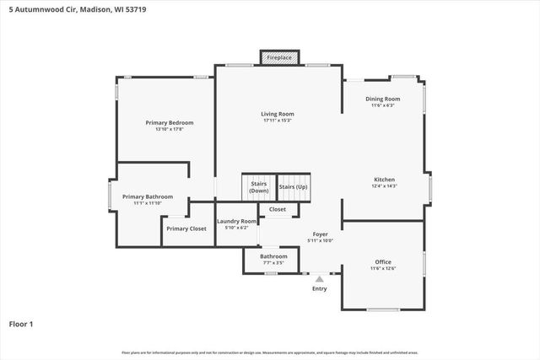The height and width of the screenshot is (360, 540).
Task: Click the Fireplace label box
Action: tap(279, 57)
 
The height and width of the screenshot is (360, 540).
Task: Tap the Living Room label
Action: tap(277, 114)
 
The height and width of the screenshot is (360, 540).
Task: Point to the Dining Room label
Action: tap(382, 99)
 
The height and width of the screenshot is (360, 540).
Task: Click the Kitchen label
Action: tap(385, 179)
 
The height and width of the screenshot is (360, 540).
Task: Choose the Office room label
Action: tap(382, 261)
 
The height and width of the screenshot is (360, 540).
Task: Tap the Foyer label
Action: tap(320, 234)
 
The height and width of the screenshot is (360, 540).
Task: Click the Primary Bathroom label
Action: tap(141, 196)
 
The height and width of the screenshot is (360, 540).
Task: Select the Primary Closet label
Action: tap(186, 228)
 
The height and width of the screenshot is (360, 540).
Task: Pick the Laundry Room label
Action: tap(236, 221)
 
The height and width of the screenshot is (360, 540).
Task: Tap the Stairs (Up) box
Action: tap(293, 186)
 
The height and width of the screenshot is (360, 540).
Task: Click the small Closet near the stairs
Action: tap(278, 209)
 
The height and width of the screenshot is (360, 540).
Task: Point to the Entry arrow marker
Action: tap(320, 277)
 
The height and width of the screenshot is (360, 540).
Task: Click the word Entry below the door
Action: tap(320, 288)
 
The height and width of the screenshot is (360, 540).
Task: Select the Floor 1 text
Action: tap(20, 323)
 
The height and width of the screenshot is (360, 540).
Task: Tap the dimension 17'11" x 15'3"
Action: tap(277, 121)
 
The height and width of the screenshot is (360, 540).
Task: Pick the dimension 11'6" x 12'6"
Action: tap(382, 268)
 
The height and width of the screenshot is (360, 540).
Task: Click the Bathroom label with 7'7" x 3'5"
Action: tap(273, 256)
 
